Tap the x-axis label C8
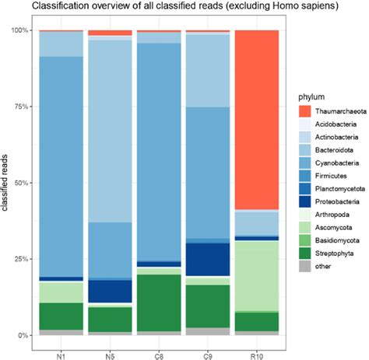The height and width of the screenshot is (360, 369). pos(159,349)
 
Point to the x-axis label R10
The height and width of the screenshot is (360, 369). pos(257,349)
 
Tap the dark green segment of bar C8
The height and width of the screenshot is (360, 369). pos(159,302)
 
